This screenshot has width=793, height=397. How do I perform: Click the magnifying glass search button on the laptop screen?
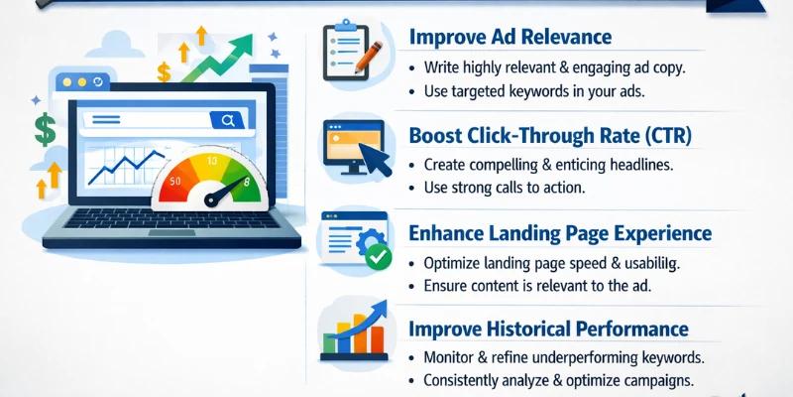click(x=228, y=121)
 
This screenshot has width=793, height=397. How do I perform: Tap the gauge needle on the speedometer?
click(x=224, y=192)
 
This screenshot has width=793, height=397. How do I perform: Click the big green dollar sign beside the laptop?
click(x=45, y=128)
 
